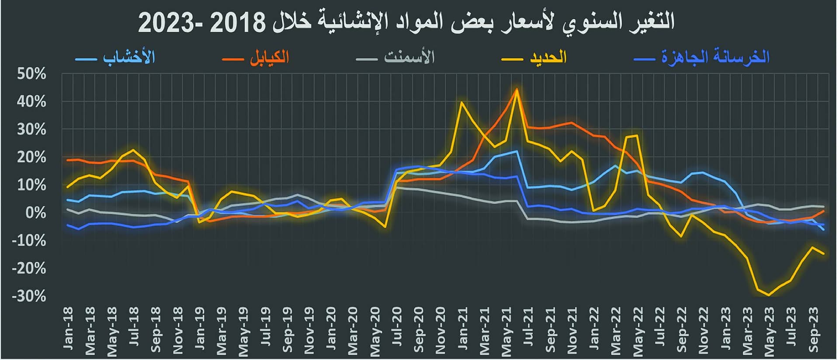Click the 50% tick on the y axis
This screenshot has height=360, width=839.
pyautogui.click(x=31, y=74)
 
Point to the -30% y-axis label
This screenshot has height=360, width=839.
pyautogui.click(x=29, y=296)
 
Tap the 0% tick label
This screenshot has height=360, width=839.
pyautogui.click(x=35, y=213)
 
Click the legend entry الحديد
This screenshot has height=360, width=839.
pyautogui.click(x=548, y=57)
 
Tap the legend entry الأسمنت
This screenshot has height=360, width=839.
pyautogui.click(x=409, y=57)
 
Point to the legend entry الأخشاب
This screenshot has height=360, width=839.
pyautogui.click(x=129, y=57)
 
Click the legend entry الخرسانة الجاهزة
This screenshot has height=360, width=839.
pyautogui.click(x=715, y=57)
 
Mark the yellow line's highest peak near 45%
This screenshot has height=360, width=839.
pyautogui.click(x=517, y=90)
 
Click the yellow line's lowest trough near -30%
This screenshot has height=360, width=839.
pyautogui.click(x=769, y=295)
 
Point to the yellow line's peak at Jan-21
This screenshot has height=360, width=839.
pyautogui.click(x=462, y=102)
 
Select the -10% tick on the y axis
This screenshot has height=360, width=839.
pyautogui.click(x=29, y=240)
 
